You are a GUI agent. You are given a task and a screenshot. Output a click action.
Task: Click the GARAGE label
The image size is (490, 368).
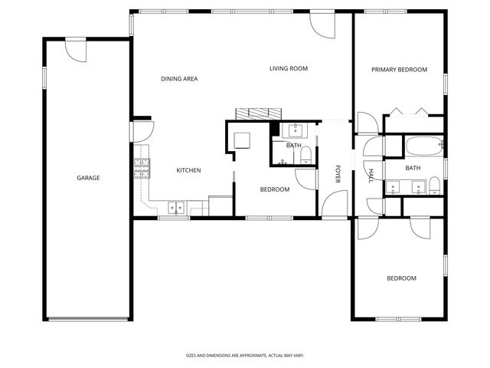click(88, 178)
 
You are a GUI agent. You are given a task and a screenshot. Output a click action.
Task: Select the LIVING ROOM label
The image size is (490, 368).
click(288, 69)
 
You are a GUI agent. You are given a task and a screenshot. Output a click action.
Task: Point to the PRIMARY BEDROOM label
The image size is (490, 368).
click(398, 70)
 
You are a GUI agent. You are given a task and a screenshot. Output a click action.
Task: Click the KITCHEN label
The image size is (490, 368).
click(188, 170)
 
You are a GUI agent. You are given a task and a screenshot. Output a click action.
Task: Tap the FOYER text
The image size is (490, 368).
click(337, 175)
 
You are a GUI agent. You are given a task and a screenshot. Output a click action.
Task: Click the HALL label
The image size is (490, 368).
click(371, 176)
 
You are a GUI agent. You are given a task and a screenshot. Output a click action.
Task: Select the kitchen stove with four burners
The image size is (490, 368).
click(142, 168)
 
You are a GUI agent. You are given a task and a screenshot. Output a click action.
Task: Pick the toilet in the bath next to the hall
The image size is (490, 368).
click(433, 185)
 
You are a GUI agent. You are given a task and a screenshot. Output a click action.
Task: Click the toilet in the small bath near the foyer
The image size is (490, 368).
click(306, 158)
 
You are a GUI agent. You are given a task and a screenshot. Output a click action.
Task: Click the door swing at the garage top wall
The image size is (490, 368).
click(77, 51)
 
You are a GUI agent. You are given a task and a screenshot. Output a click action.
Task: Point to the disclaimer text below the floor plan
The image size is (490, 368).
click(244, 356)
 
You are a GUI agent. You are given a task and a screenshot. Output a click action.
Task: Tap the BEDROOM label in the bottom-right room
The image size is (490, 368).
click(400, 278)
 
